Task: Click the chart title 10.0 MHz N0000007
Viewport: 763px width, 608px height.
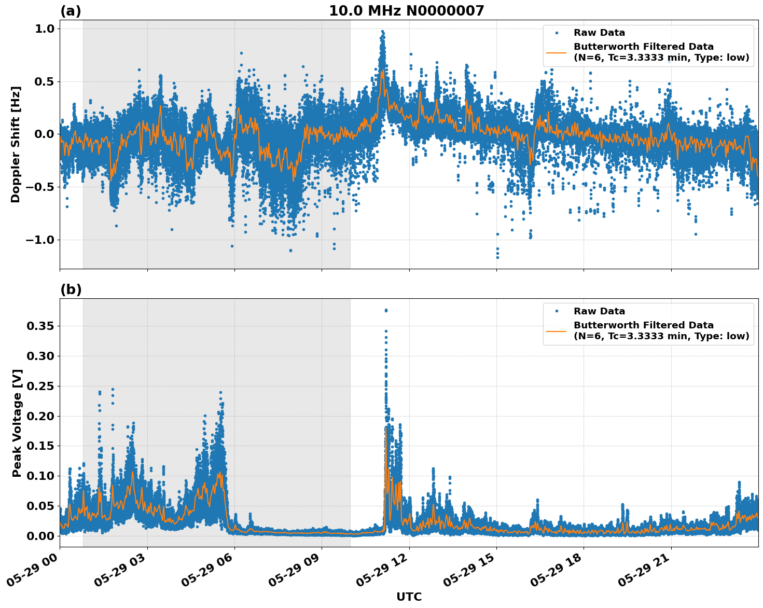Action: (406, 11)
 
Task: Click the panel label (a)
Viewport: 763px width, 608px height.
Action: (71, 11)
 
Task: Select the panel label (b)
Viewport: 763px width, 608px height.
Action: (71, 289)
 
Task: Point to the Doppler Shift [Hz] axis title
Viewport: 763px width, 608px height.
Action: (16, 144)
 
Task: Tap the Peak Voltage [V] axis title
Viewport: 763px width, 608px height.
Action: (17, 423)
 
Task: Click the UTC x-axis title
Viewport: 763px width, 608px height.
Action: (409, 597)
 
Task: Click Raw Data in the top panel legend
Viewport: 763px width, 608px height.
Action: (599, 33)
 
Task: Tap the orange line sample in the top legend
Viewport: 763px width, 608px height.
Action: (556, 52)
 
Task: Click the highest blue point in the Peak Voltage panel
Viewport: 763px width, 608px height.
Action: (385, 310)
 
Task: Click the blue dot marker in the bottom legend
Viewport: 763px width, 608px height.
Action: (556, 311)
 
